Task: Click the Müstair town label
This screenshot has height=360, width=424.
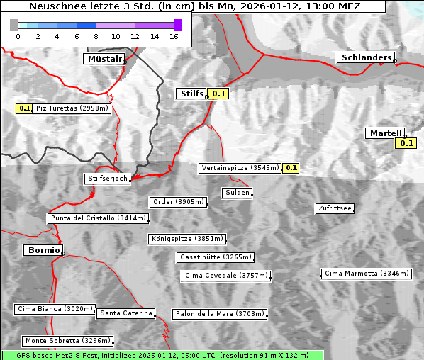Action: click(x=104, y=59)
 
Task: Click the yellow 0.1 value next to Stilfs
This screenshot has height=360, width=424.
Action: click(x=219, y=94)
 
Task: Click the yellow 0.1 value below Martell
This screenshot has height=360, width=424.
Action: click(x=405, y=143)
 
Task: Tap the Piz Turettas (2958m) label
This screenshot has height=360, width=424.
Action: click(x=72, y=108)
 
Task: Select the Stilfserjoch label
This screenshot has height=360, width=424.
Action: click(x=107, y=179)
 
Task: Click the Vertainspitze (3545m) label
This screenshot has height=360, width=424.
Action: click(x=240, y=168)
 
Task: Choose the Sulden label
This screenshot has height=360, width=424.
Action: click(x=237, y=193)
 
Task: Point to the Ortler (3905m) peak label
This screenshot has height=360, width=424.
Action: click(x=178, y=202)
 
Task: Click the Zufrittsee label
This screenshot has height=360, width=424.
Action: click(x=335, y=208)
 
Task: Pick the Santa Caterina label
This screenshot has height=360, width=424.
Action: click(x=125, y=313)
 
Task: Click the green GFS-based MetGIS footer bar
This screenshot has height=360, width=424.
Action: click(x=162, y=355)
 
